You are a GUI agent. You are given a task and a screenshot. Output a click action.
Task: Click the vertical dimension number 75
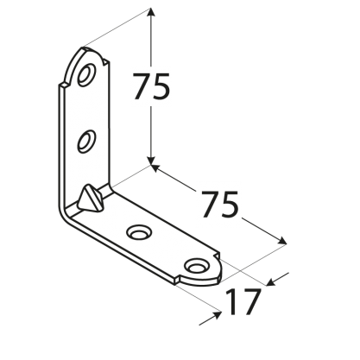point(151,86)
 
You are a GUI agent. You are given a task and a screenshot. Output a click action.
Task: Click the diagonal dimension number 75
point(220,204)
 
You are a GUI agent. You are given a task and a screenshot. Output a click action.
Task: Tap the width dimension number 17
point(243,302)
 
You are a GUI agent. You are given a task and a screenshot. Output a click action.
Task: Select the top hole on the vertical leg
point(86,75)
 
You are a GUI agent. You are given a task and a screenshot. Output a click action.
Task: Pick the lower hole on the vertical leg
point(86,142)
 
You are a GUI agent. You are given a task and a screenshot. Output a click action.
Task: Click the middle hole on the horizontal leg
point(139,231)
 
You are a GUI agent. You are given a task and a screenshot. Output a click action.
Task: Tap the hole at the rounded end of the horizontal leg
point(197,266)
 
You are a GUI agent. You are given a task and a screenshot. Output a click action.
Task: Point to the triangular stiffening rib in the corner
point(89,197)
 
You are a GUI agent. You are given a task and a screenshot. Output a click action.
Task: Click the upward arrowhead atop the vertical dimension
point(151,12)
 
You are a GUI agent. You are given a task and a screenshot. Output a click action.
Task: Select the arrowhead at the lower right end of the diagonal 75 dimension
point(282,241)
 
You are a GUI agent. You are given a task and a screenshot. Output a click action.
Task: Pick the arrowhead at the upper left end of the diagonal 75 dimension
point(155,168)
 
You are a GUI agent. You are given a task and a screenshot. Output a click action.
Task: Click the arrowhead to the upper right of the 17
point(271,282)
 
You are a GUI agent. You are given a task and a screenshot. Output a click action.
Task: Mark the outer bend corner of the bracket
point(61,214)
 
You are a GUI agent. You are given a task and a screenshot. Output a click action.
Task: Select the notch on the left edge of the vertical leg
point(63,85)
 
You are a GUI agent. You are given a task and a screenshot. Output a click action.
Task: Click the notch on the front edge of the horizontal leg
point(176,280)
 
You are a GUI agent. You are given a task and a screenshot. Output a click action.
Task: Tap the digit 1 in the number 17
point(232,302)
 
